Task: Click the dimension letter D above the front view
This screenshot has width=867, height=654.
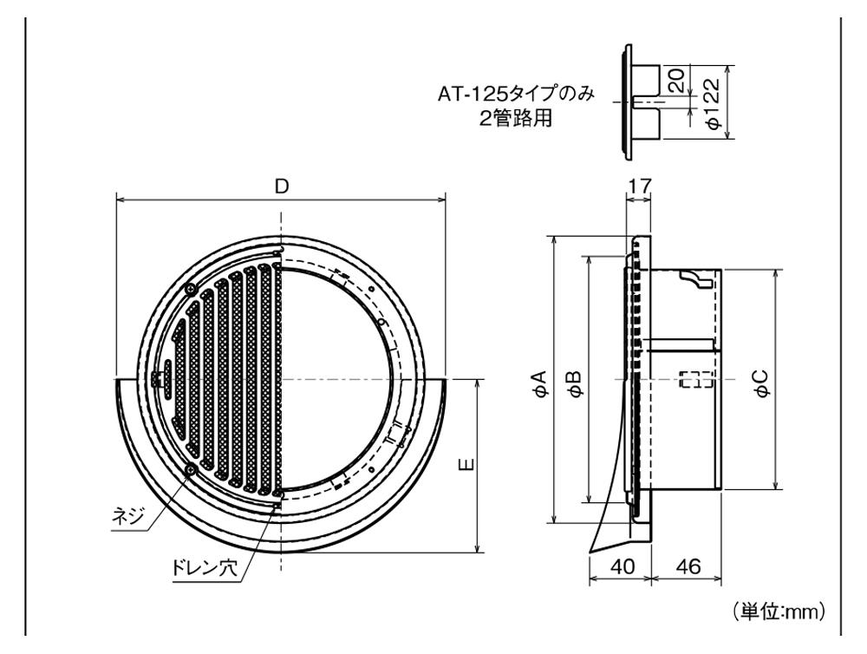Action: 281,186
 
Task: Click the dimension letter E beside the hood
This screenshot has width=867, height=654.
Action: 466,465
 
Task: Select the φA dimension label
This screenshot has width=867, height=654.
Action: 538,382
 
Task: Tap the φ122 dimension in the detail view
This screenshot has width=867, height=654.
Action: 713,102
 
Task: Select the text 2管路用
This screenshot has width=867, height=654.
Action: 516,118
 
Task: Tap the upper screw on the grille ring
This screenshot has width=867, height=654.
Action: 190,289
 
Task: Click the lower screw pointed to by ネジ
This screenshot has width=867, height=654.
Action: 190,469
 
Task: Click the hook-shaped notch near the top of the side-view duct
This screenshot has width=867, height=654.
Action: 694,278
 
